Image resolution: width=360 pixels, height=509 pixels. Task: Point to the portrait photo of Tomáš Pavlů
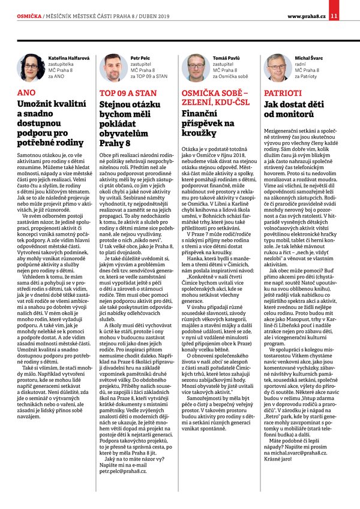(x=196, y=68)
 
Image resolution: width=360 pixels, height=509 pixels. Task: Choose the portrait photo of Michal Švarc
(x=277, y=68)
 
